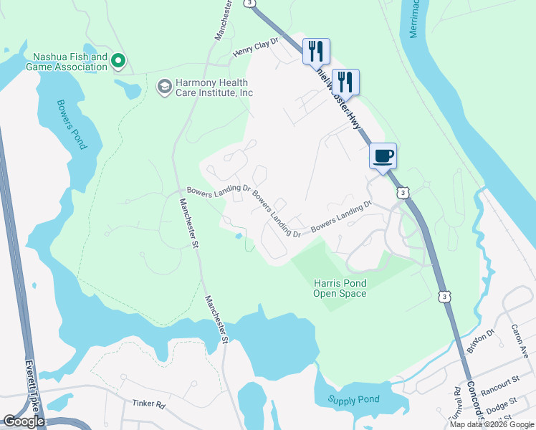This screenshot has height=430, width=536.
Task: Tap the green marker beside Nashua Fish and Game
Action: [120, 62]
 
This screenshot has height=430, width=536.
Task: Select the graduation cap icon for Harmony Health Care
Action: [163, 87]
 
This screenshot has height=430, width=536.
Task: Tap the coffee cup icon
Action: [383, 156]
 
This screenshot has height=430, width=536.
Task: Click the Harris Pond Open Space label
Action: [340, 288]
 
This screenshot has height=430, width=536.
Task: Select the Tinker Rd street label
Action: [149, 404]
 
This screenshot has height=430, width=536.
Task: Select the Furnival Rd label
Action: [457, 403]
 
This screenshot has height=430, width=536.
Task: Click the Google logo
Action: [24, 421]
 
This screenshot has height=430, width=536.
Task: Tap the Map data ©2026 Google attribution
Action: [492, 424]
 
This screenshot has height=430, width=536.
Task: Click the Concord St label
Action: [477, 405]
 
